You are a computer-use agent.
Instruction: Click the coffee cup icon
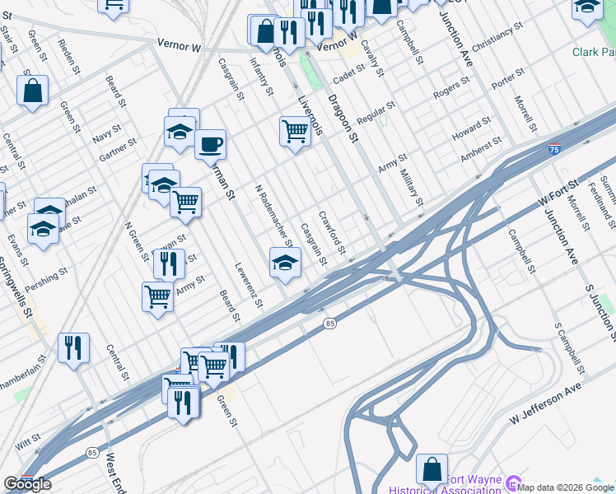tap(210, 144)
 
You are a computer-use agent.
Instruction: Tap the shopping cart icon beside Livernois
tap(295, 131)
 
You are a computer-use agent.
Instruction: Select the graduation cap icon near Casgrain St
tap(285, 262)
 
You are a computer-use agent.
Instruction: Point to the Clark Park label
tap(594, 52)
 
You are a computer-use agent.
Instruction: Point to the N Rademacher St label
tap(273, 214)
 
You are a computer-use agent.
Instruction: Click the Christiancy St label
tap(493, 38)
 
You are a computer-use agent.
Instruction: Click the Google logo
tap(28, 483)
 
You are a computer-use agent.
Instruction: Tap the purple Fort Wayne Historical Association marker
tap(515, 482)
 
